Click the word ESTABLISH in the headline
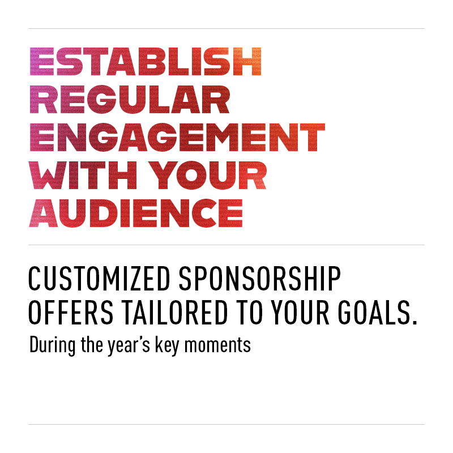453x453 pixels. click(x=146, y=62)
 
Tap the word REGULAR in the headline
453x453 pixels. click(x=130, y=100)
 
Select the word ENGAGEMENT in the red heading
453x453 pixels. click(x=177, y=137)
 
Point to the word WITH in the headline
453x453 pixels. click(x=83, y=175)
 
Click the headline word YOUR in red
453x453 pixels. click(x=208, y=175)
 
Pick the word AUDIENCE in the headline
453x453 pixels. click(x=136, y=213)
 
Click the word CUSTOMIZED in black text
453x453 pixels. click(x=99, y=278)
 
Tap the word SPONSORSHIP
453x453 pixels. click(x=260, y=278)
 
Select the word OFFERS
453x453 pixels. click(x=71, y=313)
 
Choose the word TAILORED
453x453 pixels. click(x=175, y=313)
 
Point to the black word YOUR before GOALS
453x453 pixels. click(x=300, y=313)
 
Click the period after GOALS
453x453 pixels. click(x=415, y=322)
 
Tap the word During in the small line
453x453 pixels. click(x=52, y=345)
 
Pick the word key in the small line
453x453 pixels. click(x=167, y=345)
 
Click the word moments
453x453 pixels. click(x=217, y=345)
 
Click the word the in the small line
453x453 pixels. click(x=92, y=344)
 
